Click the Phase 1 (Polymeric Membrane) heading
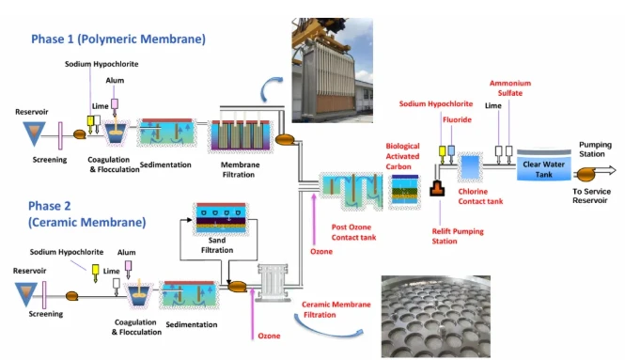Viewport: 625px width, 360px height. tap(118, 39)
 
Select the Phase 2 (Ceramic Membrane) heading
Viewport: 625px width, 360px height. tap(86, 213)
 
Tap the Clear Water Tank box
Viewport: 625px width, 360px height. tap(543, 165)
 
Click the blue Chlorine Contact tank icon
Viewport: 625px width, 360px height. tap(470, 167)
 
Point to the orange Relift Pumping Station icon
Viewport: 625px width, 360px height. tap(437, 188)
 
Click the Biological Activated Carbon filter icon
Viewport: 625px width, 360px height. tap(404, 192)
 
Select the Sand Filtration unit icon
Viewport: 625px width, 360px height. tap(221, 219)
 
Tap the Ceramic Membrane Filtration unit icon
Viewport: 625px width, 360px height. tap(273, 283)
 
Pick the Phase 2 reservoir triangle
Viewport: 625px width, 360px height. tap(26, 293)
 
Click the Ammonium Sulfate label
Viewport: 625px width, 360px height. tap(510, 88)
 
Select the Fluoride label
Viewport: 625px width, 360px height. tap(457, 119)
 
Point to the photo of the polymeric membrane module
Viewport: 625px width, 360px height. tap(333, 70)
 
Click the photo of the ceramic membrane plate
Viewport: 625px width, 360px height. tap(436, 316)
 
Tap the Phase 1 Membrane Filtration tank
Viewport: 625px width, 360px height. tap(241, 135)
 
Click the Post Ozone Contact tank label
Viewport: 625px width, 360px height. tap(353, 232)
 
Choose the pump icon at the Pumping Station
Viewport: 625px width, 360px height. tap(586, 174)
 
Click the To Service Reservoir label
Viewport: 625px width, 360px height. tap(591, 196)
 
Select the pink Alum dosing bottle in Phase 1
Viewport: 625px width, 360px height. tap(115, 104)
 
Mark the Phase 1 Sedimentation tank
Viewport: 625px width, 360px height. tap(166, 133)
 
